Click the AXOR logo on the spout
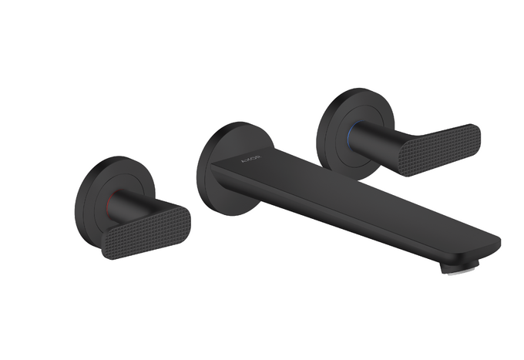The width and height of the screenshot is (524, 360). click(x=251, y=160)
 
